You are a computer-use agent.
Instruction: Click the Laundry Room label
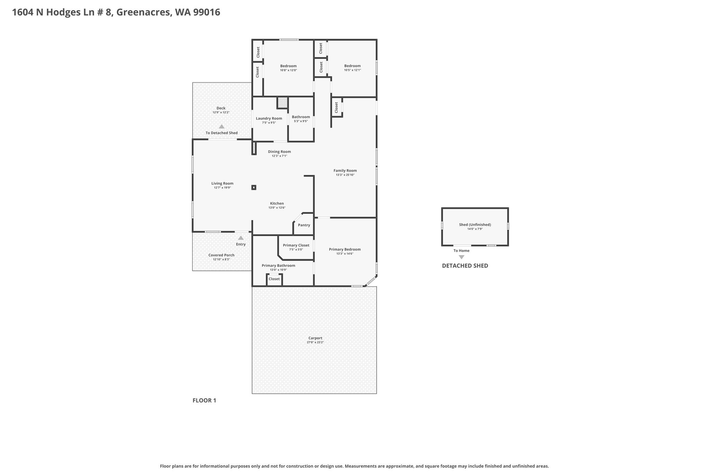click(x=269, y=119)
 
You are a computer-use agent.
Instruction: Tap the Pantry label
click(x=304, y=225)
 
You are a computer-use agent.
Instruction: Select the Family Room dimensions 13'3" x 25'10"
click(x=345, y=175)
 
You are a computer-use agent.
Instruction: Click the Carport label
click(x=315, y=338)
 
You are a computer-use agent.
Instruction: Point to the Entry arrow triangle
click(x=241, y=238)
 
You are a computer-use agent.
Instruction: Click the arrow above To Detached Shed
click(x=222, y=126)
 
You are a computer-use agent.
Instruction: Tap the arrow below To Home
click(x=461, y=257)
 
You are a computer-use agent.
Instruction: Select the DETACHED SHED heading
click(x=465, y=266)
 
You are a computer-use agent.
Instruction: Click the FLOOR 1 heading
click(x=204, y=401)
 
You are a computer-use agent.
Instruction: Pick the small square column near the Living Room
click(x=254, y=187)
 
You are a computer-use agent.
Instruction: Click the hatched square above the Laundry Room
click(x=282, y=103)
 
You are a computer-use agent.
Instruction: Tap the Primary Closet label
click(x=296, y=245)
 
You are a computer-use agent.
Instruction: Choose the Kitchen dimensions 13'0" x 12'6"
click(x=277, y=208)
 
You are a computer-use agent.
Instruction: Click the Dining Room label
click(x=279, y=152)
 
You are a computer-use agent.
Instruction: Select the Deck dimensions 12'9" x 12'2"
click(x=221, y=113)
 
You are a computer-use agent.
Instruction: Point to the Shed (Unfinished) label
click(x=475, y=225)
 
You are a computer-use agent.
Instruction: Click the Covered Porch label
click(x=222, y=255)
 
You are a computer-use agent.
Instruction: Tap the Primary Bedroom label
click(x=345, y=249)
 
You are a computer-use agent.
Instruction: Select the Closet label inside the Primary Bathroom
click(x=274, y=279)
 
